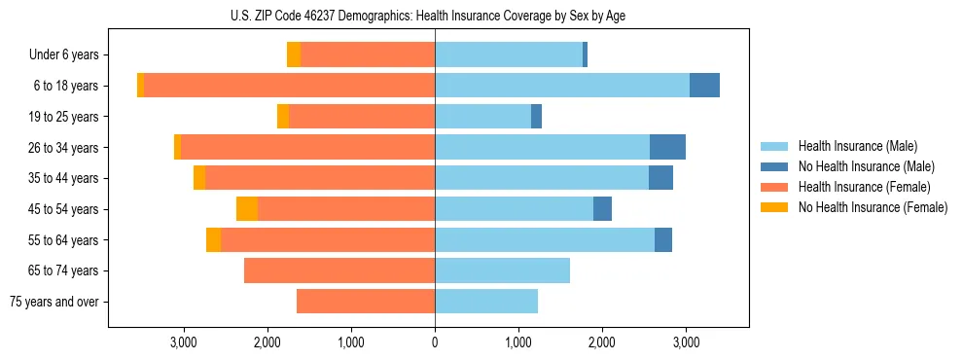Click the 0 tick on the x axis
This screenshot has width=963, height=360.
pyautogui.click(x=435, y=342)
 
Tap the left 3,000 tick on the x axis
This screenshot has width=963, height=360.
pyautogui.click(x=184, y=342)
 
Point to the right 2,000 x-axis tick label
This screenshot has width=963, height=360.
pyautogui.click(x=602, y=342)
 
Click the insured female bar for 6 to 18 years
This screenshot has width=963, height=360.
pyautogui.click(x=289, y=86)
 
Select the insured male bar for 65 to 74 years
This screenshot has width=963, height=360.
pyautogui.click(x=502, y=270)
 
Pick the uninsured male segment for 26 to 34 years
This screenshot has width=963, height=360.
pyautogui.click(x=667, y=147)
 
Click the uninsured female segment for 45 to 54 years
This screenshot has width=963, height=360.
pyautogui.click(x=247, y=209)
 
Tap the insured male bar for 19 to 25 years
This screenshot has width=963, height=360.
pyautogui.click(x=482, y=117)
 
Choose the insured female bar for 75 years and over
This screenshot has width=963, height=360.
pyautogui.click(x=366, y=302)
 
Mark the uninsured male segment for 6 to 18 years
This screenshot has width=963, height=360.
pyautogui.click(x=704, y=86)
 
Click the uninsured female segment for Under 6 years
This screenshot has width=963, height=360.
pyautogui.click(x=294, y=55)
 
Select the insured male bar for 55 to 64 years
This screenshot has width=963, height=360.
pyautogui.click(x=545, y=240)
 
